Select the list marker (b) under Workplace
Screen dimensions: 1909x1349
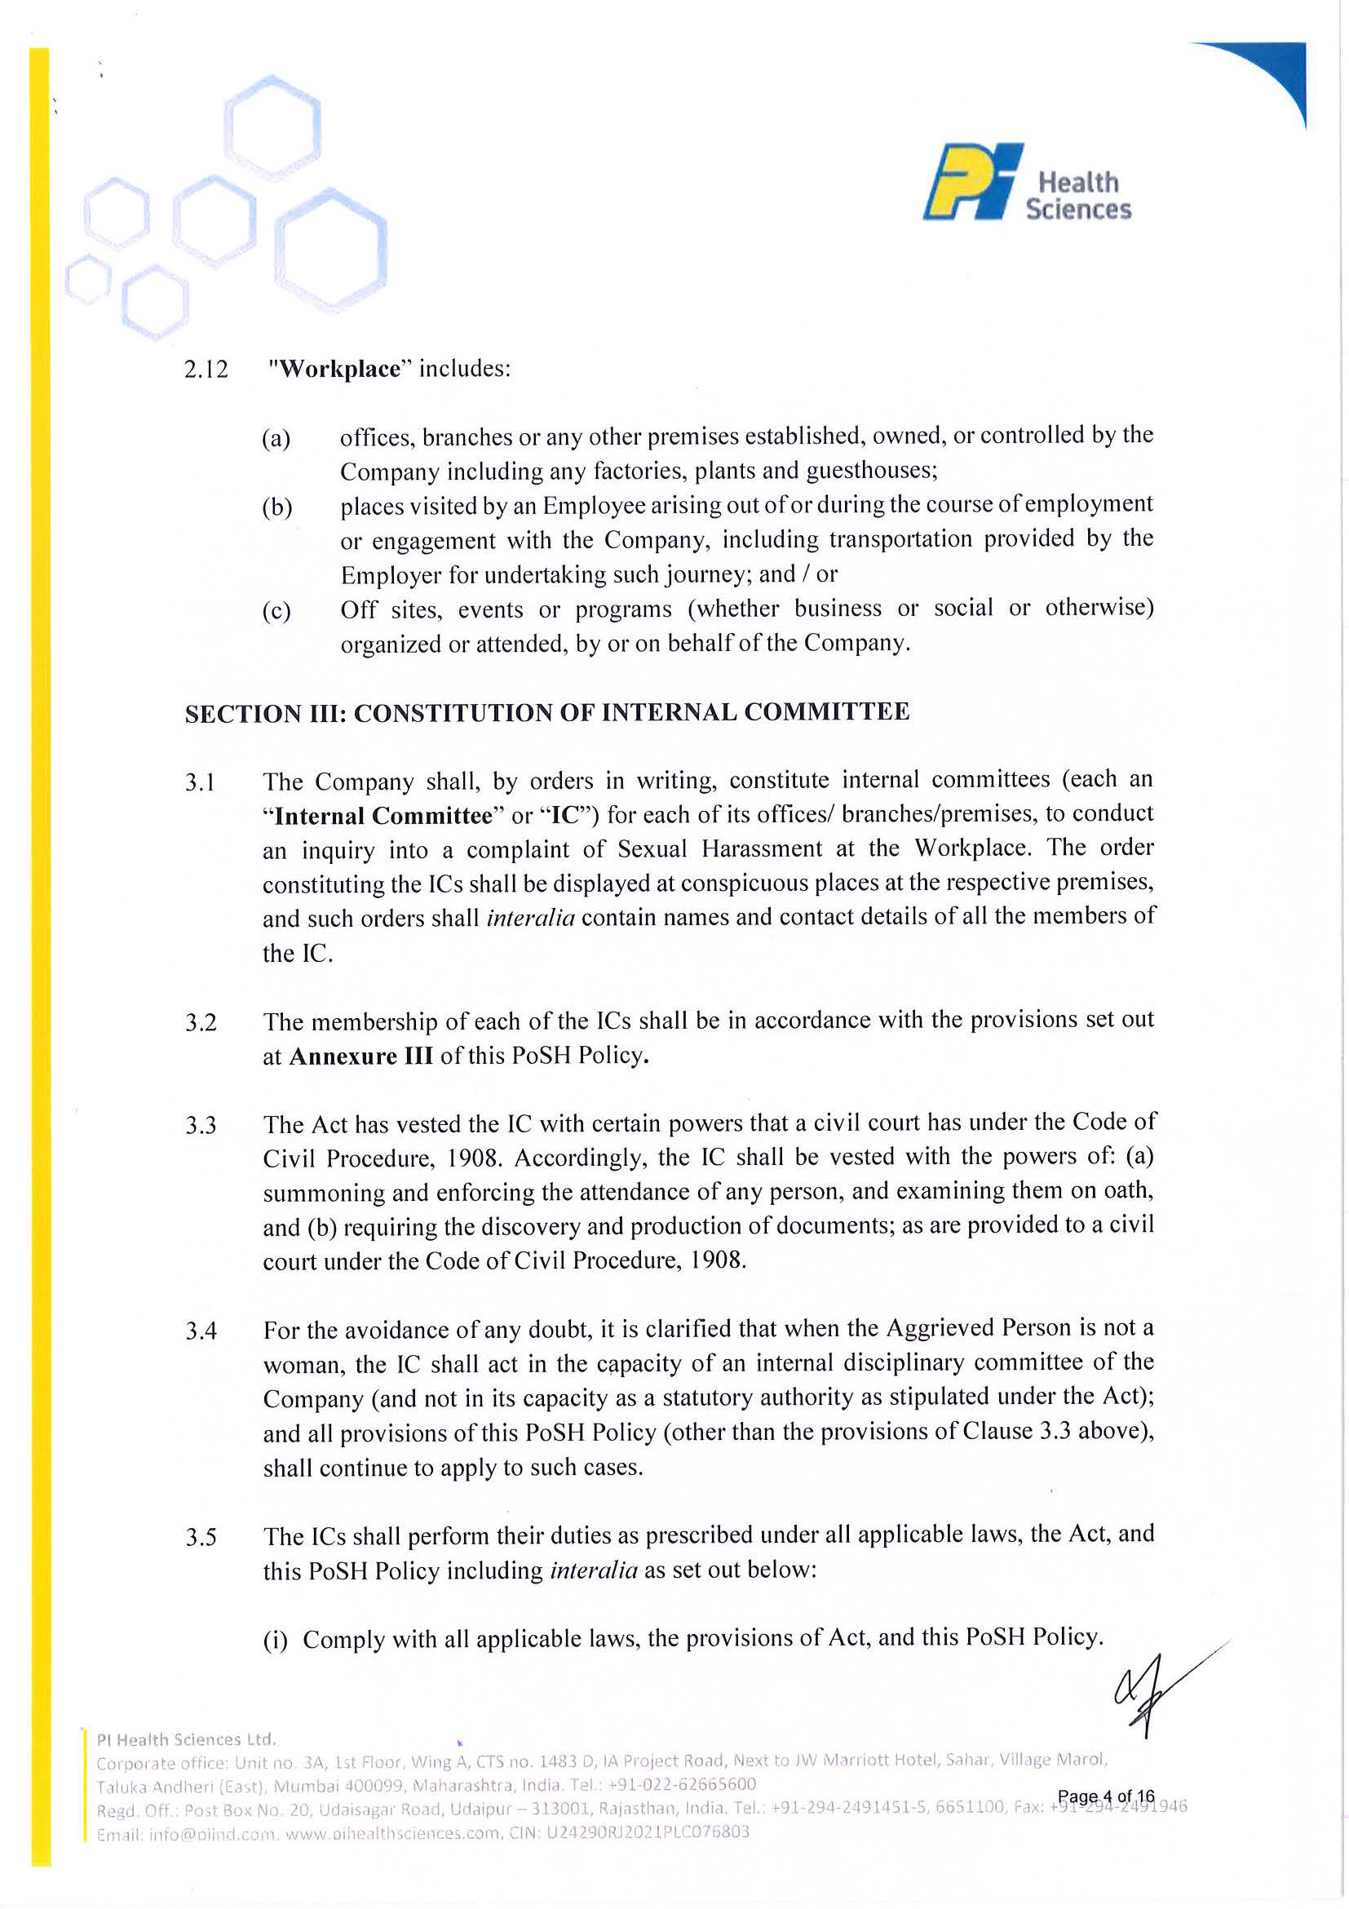tap(276, 507)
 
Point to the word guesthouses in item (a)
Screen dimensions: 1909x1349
tap(871, 471)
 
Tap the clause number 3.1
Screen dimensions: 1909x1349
tap(201, 782)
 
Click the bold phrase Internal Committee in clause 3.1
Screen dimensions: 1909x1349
tap(383, 816)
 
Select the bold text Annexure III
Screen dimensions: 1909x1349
tap(360, 1056)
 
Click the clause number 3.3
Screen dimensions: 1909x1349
tap(201, 1125)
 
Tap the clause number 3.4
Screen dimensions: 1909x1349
tap(201, 1331)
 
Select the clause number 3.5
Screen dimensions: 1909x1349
tap(201, 1536)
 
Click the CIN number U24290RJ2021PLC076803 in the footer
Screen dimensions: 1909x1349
tap(648, 1831)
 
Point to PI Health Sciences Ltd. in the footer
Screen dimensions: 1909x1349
tap(186, 1739)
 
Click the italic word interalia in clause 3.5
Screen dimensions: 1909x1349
tap(594, 1570)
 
